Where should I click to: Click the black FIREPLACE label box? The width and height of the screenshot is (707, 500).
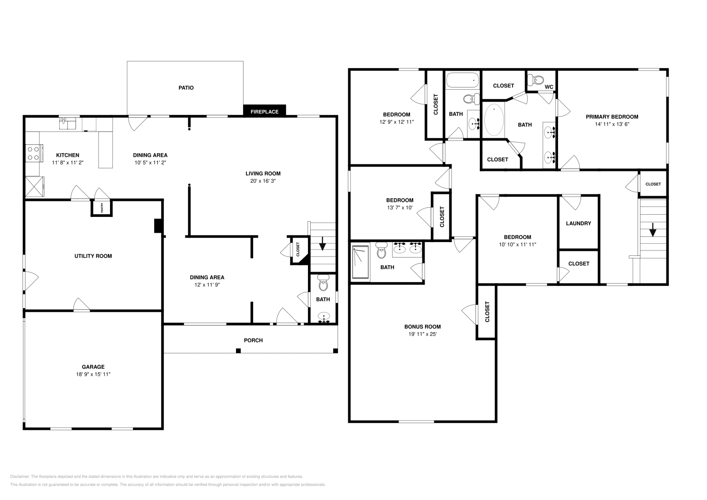[265, 111]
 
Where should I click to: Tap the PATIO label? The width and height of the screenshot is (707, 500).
[186, 88]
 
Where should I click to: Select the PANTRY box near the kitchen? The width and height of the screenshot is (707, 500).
[102, 208]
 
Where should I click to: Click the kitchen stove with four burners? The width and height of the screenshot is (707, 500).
[34, 153]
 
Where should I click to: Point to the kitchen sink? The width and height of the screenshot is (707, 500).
[68, 123]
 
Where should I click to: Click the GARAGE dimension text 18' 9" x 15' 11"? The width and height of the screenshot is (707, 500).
[93, 374]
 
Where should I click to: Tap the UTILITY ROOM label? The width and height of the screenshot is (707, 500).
[93, 256]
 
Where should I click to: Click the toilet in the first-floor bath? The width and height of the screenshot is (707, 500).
[323, 283]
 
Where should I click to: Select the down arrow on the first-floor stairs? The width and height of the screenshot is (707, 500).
[322, 243]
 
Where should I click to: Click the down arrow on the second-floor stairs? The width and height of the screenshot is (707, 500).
[653, 230]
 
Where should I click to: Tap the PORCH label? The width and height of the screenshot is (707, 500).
[253, 341]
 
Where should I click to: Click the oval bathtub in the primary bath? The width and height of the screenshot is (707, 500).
[494, 120]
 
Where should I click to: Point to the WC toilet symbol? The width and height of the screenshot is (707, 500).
[535, 80]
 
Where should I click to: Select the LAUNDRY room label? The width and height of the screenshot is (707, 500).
[578, 223]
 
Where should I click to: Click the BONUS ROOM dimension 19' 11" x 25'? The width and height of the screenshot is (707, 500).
[422, 334]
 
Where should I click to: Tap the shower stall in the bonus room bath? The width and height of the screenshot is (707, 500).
[360, 262]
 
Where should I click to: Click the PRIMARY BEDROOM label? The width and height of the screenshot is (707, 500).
[612, 117]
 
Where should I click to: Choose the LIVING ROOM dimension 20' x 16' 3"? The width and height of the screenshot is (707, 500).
[263, 181]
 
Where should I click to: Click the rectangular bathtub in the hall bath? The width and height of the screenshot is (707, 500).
[463, 80]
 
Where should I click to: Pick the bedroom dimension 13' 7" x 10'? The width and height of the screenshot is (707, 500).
[399, 208]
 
